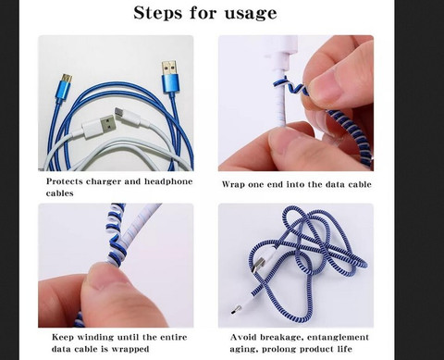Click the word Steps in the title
pyautogui.click(x=157, y=13)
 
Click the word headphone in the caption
pyautogui.click(x=168, y=181)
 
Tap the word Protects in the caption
pyautogui.click(x=65, y=181)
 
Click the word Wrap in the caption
pyautogui.click(x=232, y=184)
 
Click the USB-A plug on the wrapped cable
pyautogui.click(x=258, y=265)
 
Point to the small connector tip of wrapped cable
pyautogui.click(x=236, y=309)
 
